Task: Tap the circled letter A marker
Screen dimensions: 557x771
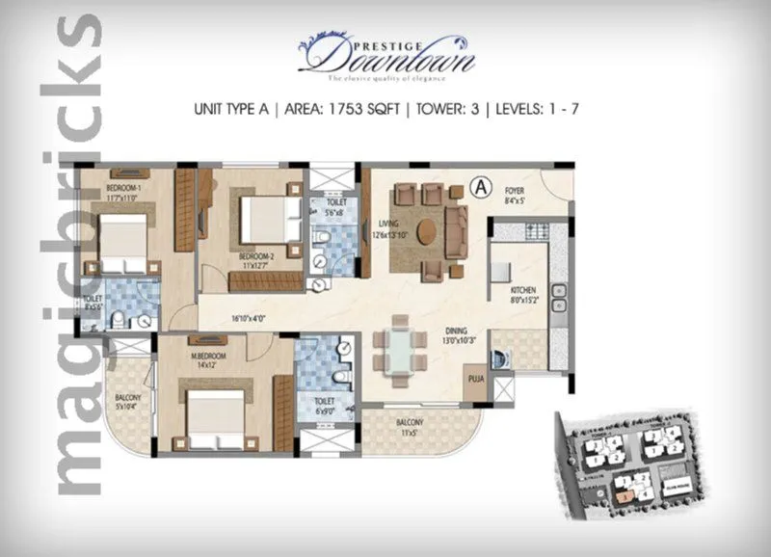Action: point(479,188)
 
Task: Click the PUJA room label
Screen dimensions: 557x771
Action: point(474,379)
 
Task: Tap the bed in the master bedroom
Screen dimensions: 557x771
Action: point(211,412)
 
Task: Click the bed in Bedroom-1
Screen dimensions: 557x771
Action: point(120,242)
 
